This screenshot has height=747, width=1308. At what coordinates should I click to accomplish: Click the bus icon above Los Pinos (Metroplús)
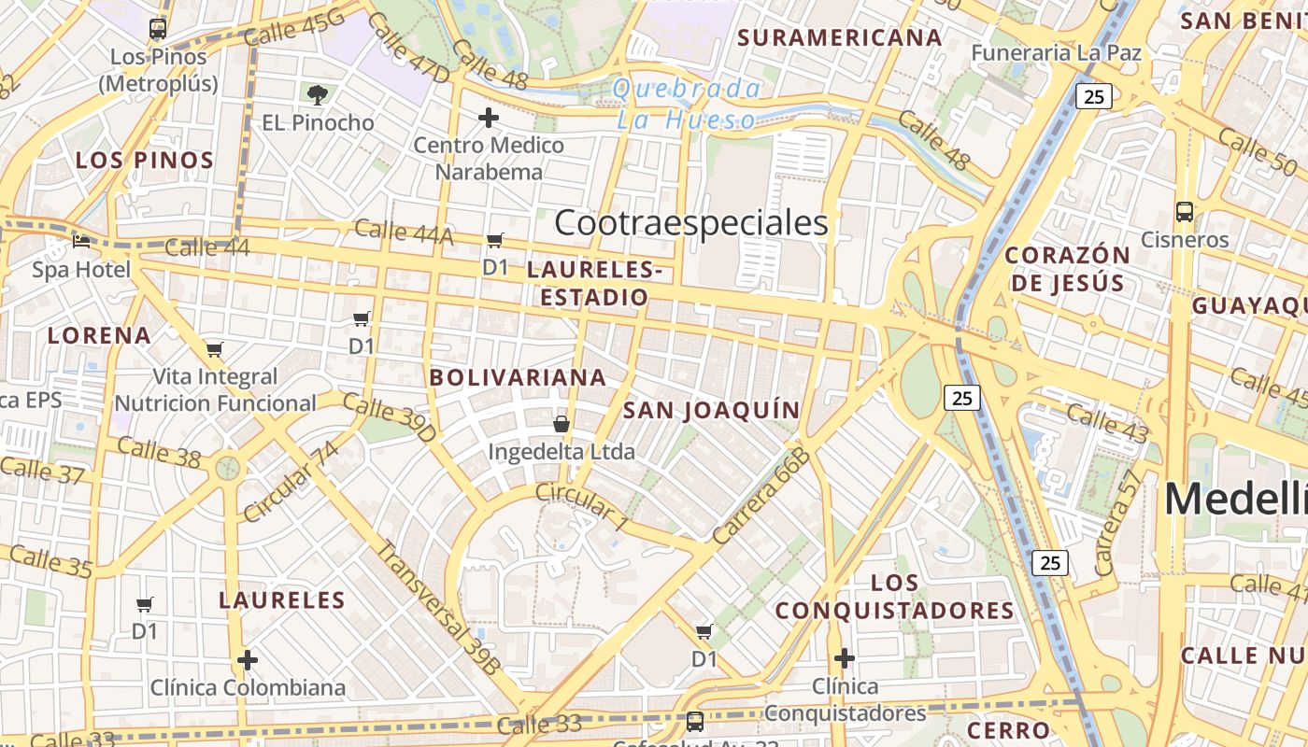click(x=158, y=28)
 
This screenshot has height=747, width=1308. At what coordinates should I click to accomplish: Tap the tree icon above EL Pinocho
click(x=318, y=93)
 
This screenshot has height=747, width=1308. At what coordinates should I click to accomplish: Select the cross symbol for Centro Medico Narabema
click(x=488, y=118)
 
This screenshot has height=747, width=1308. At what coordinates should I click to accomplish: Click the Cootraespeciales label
click(x=690, y=223)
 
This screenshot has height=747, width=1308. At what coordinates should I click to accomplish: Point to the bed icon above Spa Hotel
click(x=82, y=241)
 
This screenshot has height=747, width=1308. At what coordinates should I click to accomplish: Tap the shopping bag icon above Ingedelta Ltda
click(x=562, y=424)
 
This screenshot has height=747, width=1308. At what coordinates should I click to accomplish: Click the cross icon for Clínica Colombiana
click(x=248, y=660)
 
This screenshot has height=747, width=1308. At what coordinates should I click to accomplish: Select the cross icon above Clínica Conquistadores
click(x=845, y=658)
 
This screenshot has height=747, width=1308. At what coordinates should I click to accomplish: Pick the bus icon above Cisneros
click(x=1185, y=211)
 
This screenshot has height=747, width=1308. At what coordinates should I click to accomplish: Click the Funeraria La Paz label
click(x=1056, y=52)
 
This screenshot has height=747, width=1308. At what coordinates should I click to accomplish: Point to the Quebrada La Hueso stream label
click(x=687, y=104)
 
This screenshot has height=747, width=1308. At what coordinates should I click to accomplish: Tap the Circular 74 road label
click(x=291, y=482)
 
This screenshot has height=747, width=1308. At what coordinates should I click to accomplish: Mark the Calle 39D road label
click(x=389, y=417)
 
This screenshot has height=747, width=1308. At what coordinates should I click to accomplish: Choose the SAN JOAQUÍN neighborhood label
click(x=711, y=410)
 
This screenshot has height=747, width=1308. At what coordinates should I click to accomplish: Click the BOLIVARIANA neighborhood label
click(x=518, y=377)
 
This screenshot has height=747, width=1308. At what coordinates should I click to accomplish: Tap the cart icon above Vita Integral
click(x=215, y=349)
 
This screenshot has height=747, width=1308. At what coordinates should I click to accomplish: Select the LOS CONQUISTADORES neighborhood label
click(x=895, y=597)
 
